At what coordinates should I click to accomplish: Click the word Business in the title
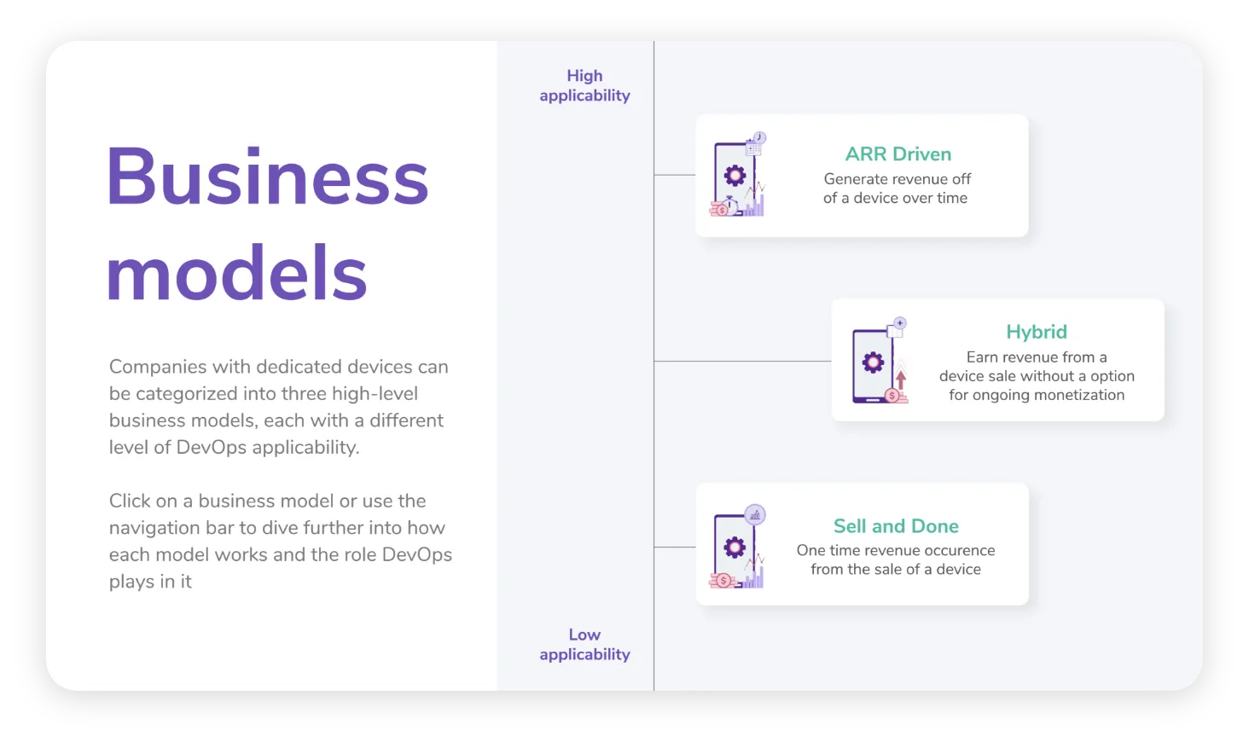coord(267,177)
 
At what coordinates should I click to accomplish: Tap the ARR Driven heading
coord(898,154)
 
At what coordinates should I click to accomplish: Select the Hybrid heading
coord(1036,332)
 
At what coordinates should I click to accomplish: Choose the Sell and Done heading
coord(896,526)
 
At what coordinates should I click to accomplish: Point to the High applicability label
coord(584,85)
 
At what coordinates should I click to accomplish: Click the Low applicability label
coord(584,645)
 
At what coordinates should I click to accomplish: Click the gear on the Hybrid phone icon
coord(873,362)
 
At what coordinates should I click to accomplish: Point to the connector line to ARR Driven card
coord(675,175)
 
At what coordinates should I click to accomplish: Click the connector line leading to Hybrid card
coord(742,361)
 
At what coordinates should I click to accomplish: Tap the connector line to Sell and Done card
coord(675,547)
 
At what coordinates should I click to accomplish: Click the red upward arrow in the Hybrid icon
coord(901,378)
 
